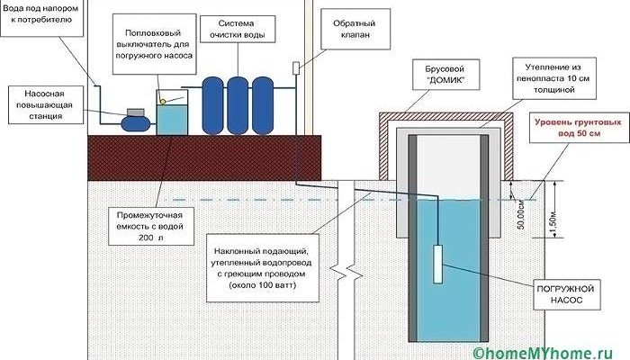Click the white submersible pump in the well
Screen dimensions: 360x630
pyautogui.click(x=439, y=264)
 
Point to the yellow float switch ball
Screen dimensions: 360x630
pyautogui.click(x=164, y=101)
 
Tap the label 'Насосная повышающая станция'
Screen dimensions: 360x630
pyautogui.click(x=42, y=104)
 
